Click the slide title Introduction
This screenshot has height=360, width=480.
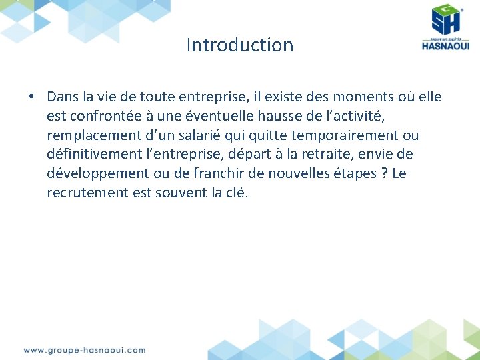coord(240,45)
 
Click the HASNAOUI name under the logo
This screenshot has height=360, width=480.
coord(445,45)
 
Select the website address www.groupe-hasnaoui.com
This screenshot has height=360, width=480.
coord(85,350)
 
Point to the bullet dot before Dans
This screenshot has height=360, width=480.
coord(31,97)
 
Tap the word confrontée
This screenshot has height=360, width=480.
coord(106,116)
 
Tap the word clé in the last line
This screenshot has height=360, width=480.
coord(235,193)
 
